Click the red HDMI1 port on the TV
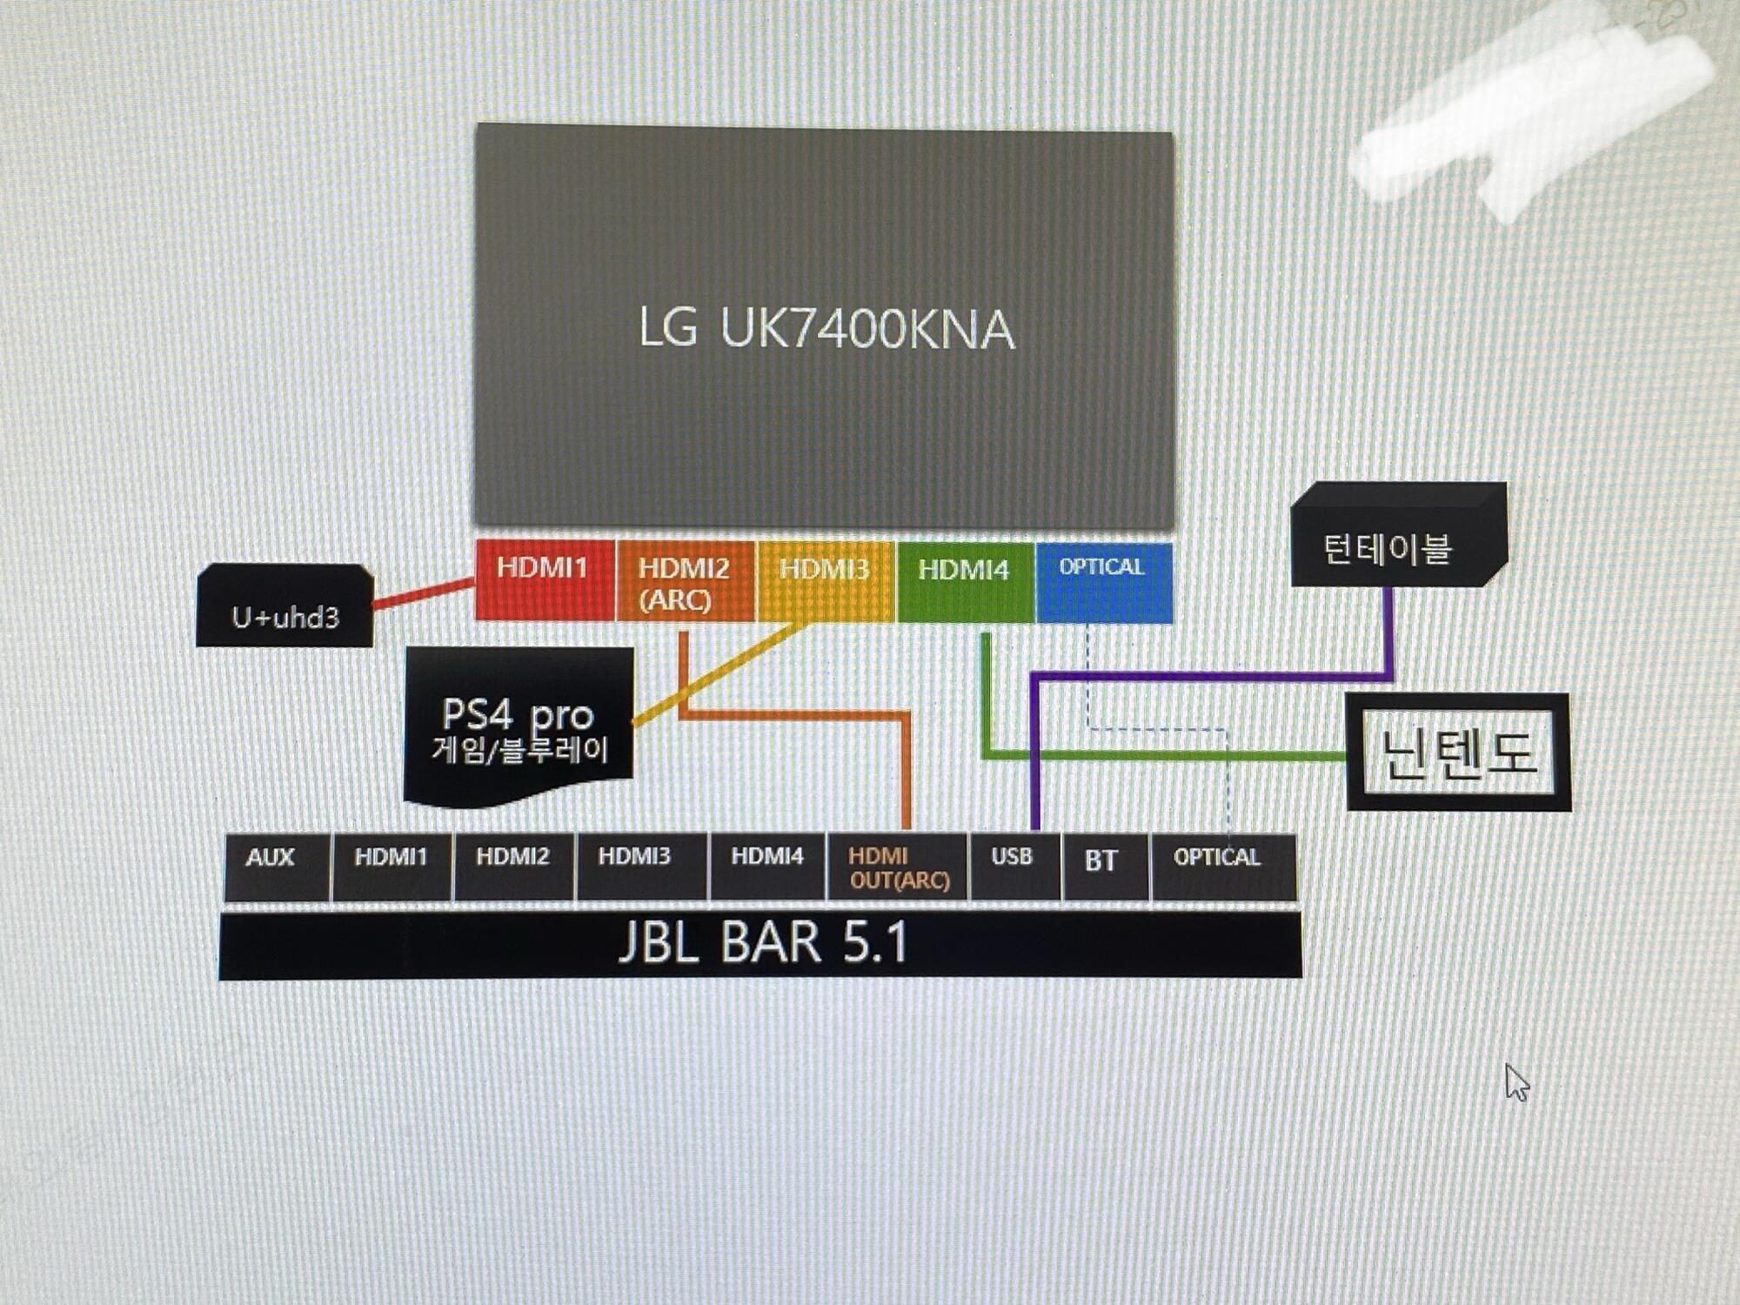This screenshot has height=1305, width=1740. click(544, 579)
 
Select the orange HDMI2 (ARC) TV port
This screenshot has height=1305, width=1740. click(685, 581)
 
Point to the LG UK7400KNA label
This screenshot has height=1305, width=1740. click(826, 329)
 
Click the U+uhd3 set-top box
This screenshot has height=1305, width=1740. click(285, 607)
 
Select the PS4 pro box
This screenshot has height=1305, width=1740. click(519, 727)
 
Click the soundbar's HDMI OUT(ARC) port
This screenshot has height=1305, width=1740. click(898, 867)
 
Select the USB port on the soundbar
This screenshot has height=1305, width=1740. click(1014, 867)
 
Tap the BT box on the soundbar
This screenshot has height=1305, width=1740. click(1104, 867)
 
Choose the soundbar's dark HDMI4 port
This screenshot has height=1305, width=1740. click(767, 867)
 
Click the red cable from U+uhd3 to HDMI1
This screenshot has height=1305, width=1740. click(424, 593)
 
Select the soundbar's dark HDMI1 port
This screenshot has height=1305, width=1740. click(391, 867)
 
